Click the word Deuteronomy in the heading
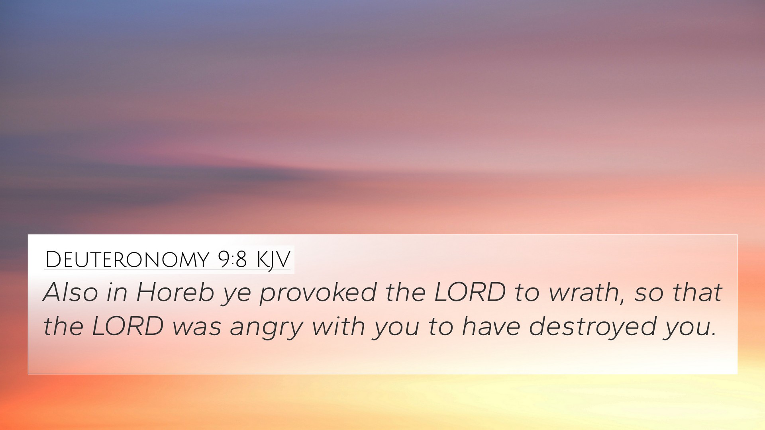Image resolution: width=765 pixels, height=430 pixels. tap(127, 260)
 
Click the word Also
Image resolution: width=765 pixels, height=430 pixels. tap(71, 292)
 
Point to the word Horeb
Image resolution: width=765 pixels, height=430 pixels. tap(175, 292)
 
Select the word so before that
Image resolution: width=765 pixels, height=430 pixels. tap(649, 295)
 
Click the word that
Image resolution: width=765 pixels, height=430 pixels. tap(698, 292)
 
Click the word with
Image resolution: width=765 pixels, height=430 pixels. tap(338, 326)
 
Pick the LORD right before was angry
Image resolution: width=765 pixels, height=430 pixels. tap(127, 326)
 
